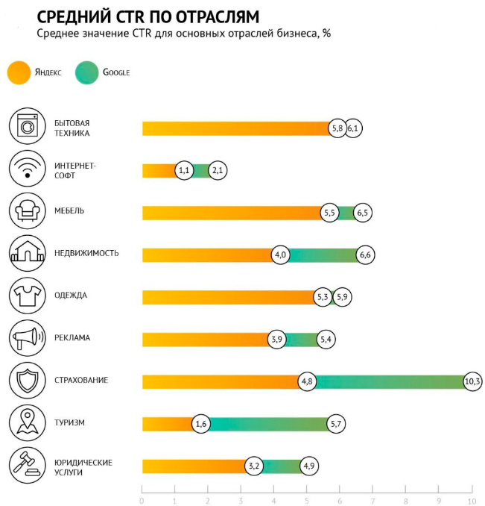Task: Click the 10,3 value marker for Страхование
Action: click(472, 381)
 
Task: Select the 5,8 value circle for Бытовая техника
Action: click(337, 128)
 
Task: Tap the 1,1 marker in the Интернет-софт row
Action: click(185, 171)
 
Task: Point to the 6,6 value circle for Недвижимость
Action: click(365, 255)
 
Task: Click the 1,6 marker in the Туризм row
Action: click(200, 424)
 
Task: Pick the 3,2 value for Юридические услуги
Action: click(254, 466)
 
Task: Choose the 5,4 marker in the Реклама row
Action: click(326, 340)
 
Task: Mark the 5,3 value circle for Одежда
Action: click(323, 297)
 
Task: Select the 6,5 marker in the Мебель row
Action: click(363, 213)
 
